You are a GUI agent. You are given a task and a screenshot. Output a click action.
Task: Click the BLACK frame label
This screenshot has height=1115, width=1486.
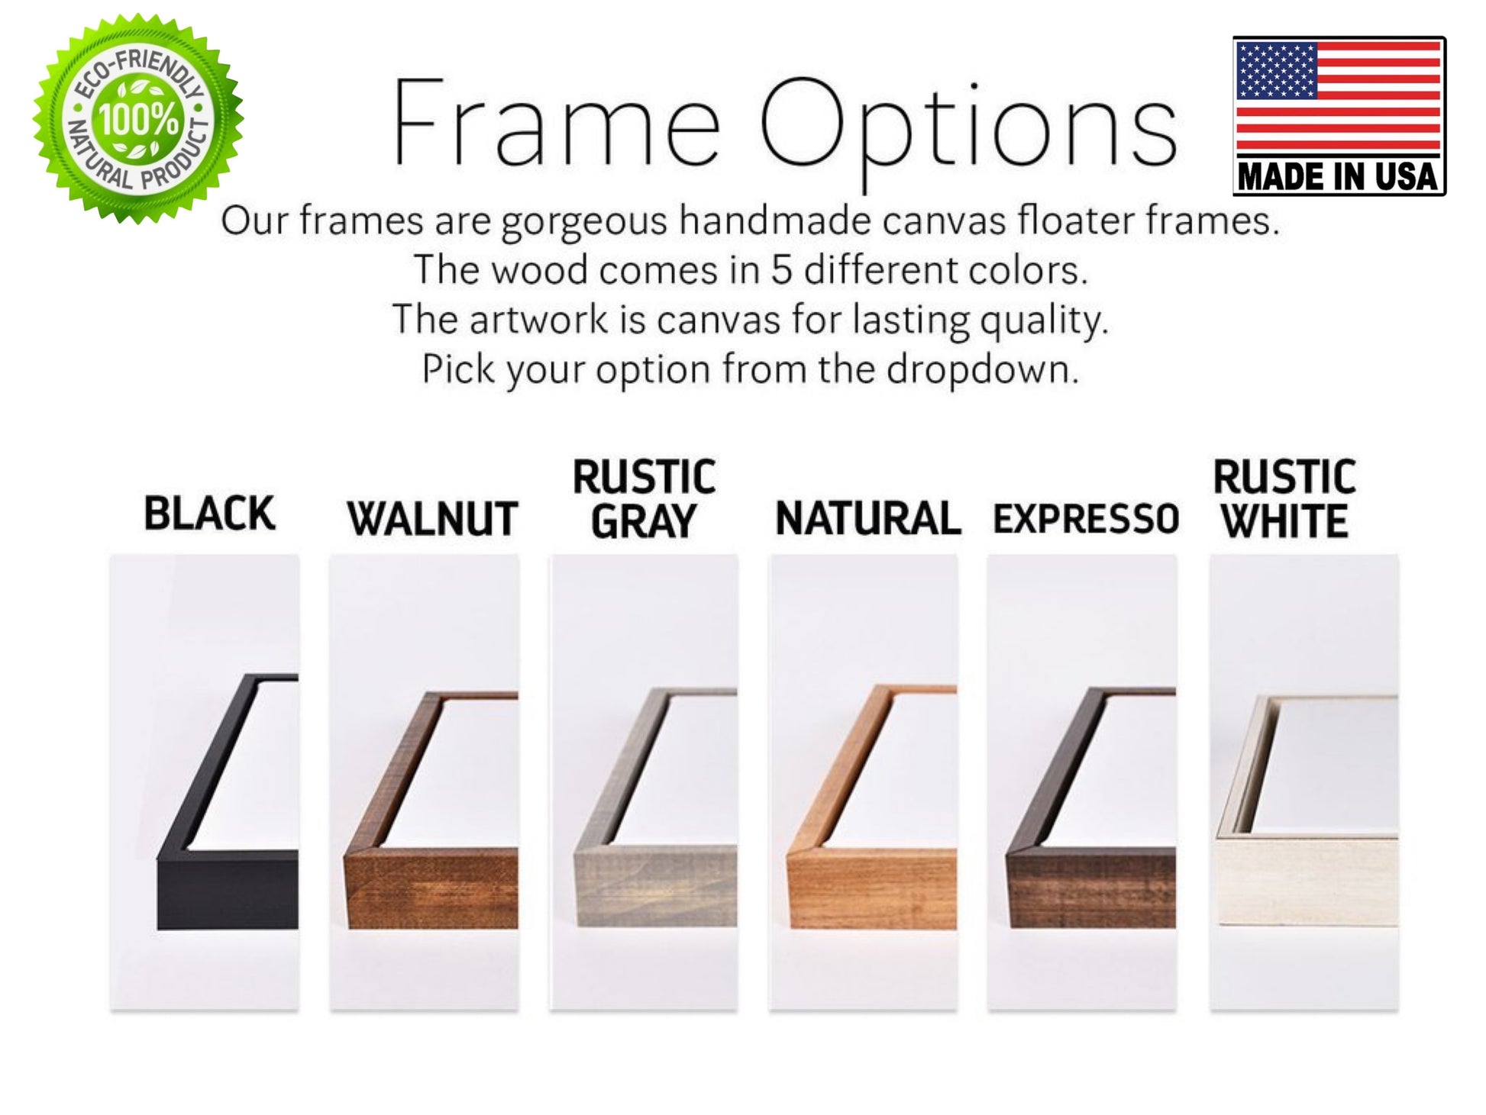click(209, 513)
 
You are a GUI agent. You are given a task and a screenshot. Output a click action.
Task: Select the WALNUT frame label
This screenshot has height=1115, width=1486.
click(432, 519)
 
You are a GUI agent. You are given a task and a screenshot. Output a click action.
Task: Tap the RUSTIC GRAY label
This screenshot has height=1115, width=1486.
click(644, 499)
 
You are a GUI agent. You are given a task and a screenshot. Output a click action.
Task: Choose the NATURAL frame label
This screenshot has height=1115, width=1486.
click(867, 519)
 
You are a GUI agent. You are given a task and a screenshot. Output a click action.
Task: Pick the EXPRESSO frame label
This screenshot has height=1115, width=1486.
click(1086, 519)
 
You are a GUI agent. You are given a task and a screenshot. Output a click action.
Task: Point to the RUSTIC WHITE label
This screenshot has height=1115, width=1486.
click(1284, 499)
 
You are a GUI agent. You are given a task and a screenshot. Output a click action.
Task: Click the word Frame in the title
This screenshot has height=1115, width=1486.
click(556, 122)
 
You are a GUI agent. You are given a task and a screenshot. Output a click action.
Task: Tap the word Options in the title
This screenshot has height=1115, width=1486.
click(968, 126)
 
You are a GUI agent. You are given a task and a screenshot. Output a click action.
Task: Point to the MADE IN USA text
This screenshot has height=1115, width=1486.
click(1338, 177)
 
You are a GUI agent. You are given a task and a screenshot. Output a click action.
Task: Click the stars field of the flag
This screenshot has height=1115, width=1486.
click(1276, 70)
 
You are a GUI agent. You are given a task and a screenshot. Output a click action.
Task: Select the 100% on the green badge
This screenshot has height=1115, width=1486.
click(138, 120)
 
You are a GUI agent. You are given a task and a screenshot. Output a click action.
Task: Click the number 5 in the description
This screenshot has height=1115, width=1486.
click(781, 270)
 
